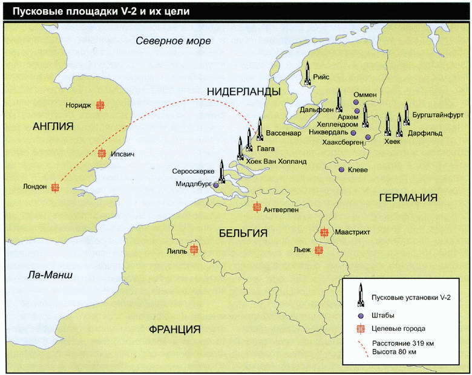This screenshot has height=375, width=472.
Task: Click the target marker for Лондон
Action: [55, 187]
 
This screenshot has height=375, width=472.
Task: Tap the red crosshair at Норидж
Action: [100, 105]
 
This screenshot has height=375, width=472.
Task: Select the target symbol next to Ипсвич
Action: [102, 154]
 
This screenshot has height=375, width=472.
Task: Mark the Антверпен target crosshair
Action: [257, 207]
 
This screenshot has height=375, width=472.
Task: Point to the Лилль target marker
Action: [194, 249]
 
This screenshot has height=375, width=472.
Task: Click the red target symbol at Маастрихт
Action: [324, 232]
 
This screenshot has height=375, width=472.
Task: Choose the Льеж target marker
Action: [318, 250]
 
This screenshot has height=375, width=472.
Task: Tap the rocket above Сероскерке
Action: [221, 171]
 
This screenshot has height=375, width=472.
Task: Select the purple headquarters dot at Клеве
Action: [341, 170]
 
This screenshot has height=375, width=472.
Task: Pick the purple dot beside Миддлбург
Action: [216, 185]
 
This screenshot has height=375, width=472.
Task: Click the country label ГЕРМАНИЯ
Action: [408, 198]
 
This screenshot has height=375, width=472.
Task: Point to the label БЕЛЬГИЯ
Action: [243, 233]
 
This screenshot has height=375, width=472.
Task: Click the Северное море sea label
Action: [173, 41]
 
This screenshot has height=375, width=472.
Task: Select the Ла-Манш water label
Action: [50, 275]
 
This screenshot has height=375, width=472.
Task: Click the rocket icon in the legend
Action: [360, 295]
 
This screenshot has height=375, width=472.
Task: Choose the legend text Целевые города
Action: [398, 328]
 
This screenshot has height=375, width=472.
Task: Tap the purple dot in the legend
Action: [360, 315]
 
